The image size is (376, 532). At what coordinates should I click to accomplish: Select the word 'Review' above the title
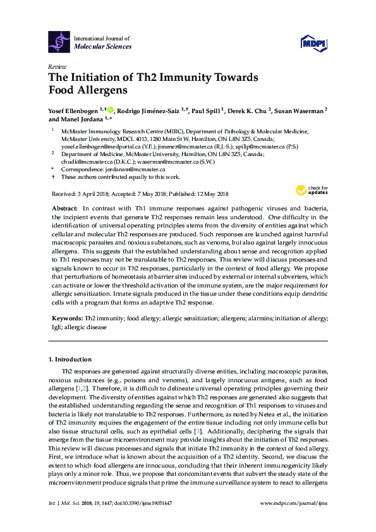coord(56,66)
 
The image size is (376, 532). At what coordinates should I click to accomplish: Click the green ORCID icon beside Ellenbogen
coord(111,110)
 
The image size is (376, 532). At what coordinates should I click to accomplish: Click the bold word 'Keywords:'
coord(66,319)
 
